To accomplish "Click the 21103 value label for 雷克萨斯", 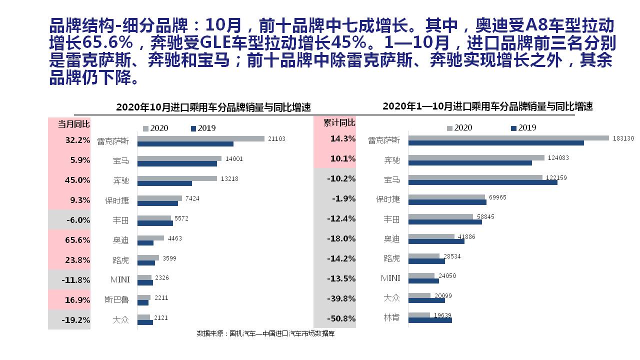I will coord(276,138).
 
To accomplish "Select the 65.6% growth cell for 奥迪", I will coord(77,240).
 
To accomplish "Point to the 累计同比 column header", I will coord(339,122).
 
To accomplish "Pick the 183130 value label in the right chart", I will coord(623,138).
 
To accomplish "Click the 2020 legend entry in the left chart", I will coord(155,128).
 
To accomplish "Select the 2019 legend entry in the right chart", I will coord(523,128).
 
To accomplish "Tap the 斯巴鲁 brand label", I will coord(116,300).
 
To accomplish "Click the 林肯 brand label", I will coord(391,318).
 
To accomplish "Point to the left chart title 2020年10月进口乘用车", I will coord(213,107).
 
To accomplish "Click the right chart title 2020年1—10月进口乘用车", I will coord(487,106).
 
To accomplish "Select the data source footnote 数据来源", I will coord(265,333).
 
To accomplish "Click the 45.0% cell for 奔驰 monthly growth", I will coord(77,180).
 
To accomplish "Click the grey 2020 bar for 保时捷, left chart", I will coord(159,198).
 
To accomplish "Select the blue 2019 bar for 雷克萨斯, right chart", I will coord(496,143).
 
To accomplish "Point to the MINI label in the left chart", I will coord(119,280).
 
